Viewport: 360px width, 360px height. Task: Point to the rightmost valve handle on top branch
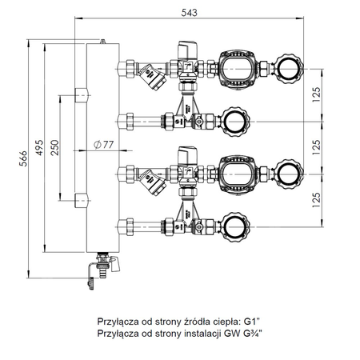pos(287,66)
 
